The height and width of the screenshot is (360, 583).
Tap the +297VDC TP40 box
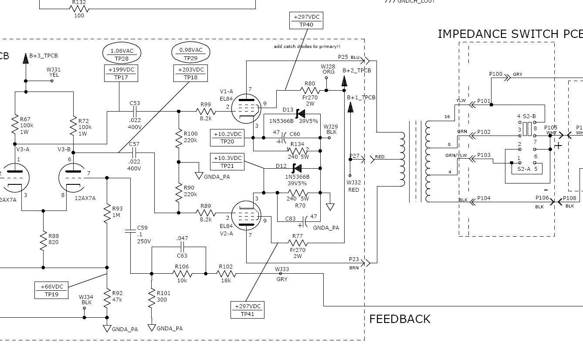point(306,20)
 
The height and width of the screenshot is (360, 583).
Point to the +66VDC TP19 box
point(52,290)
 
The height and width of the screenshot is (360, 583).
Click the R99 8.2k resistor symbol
point(206,111)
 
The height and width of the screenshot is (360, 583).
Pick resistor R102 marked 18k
point(226,274)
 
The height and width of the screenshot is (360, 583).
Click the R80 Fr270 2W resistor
point(310,91)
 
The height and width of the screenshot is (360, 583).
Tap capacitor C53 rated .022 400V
point(135,111)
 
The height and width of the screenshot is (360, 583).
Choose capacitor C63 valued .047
point(182,247)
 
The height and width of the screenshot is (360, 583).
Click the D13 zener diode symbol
point(299,113)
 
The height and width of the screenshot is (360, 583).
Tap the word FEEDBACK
point(400,319)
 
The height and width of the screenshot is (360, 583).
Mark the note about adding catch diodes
point(307,46)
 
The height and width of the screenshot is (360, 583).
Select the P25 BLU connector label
point(349,57)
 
